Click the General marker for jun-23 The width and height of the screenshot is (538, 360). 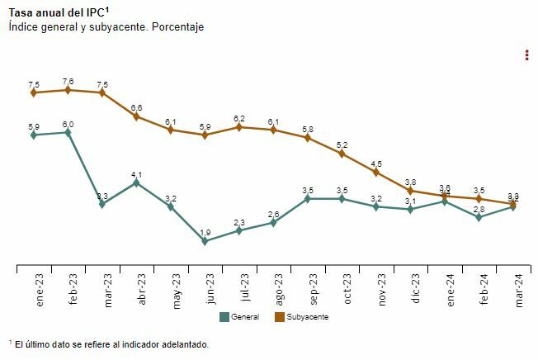click(x=205, y=241)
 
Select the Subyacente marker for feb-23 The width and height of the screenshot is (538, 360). click(x=68, y=90)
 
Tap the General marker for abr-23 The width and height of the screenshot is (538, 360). click(x=137, y=182)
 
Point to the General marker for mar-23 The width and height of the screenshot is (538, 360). click(x=102, y=204)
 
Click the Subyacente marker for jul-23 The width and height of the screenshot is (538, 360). click(x=239, y=127)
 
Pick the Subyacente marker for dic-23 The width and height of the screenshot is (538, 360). click(x=410, y=191)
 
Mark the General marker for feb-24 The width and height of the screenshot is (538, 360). click(x=479, y=217)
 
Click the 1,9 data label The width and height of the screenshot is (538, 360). click(x=205, y=232)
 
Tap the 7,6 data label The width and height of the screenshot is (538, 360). click(x=68, y=81)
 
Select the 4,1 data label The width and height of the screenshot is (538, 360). click(x=137, y=174)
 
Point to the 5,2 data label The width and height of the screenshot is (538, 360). click(x=342, y=144)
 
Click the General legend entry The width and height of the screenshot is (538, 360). click(x=240, y=316)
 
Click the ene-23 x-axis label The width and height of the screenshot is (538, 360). click(x=40, y=290)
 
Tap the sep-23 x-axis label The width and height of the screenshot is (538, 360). click(x=313, y=290)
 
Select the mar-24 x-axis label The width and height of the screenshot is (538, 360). click(x=518, y=290)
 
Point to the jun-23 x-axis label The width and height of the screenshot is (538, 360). click(x=210, y=290)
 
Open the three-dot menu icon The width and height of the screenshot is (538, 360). click(x=526, y=55)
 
